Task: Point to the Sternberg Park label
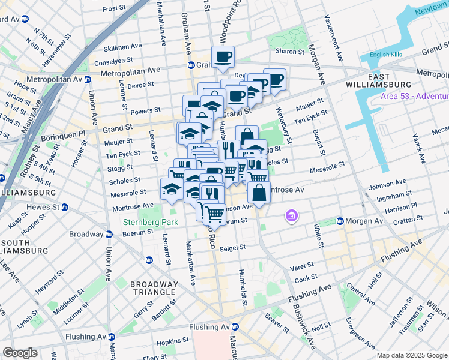pyautogui.click(x=146, y=221)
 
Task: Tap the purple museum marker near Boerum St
pyautogui.click(x=292, y=215)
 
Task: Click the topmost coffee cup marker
pyautogui.click(x=223, y=58)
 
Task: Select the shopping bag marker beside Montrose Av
pyautogui.click(x=258, y=194)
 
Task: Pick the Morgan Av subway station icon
pyautogui.click(x=340, y=221)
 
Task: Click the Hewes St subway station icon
pyautogui.click(x=64, y=208)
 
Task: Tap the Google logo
pyautogui.click(x=20, y=353)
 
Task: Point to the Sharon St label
pyautogui.click(x=289, y=52)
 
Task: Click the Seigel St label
pyautogui.click(x=233, y=247)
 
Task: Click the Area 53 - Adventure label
pyautogui.click(x=414, y=96)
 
